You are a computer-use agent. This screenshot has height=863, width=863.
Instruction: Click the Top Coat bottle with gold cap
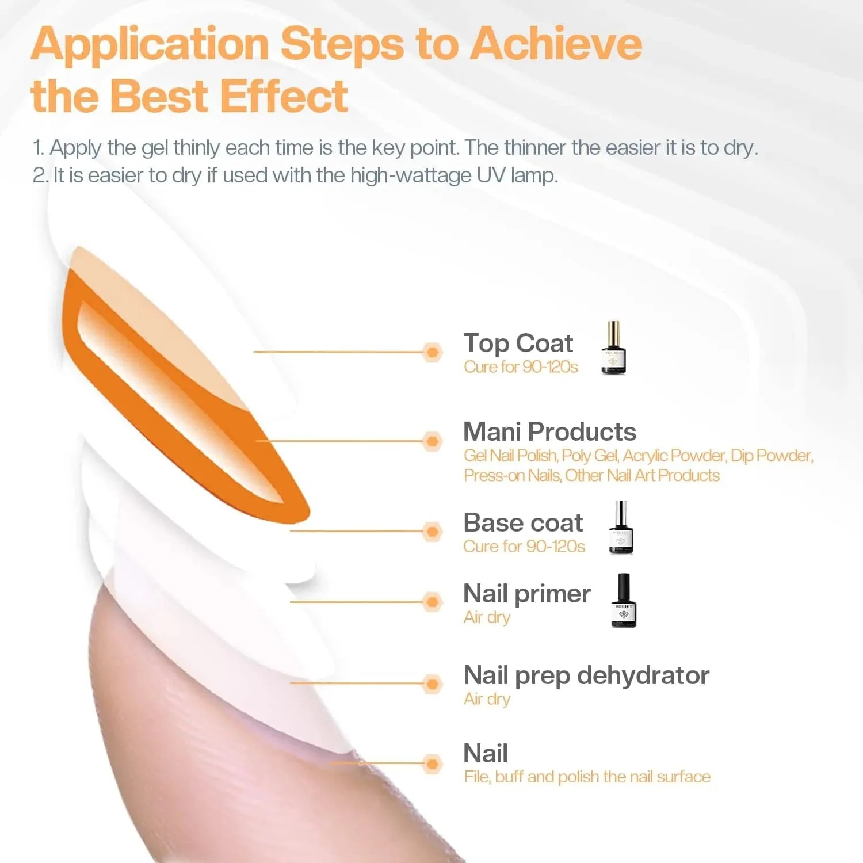(613, 349)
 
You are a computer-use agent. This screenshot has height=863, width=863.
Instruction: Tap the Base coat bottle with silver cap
(621, 528)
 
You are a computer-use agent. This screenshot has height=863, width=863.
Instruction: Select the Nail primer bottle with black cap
(624, 601)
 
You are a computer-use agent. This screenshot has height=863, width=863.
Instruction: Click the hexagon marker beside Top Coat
(432, 352)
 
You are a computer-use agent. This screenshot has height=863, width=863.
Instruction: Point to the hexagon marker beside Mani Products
(432, 441)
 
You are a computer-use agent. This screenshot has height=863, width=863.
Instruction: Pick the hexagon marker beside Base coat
(432, 532)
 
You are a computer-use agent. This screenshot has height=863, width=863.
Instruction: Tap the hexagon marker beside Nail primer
(432, 602)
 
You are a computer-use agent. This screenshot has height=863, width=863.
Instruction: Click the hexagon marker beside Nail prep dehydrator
(432, 684)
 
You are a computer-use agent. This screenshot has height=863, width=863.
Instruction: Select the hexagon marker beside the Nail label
(432, 764)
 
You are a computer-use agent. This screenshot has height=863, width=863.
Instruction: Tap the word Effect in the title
(284, 96)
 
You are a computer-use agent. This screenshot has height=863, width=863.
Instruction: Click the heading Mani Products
(549, 431)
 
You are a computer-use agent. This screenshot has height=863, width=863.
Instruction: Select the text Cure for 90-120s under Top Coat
(521, 367)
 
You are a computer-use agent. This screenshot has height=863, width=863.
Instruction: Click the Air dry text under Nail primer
(487, 617)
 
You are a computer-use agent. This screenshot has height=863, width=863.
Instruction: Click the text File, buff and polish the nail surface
(587, 777)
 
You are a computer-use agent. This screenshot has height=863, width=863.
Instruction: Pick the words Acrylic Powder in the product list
(674, 456)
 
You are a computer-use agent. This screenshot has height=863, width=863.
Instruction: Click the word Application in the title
(151, 45)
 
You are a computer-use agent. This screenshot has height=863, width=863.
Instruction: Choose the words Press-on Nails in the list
(512, 476)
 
